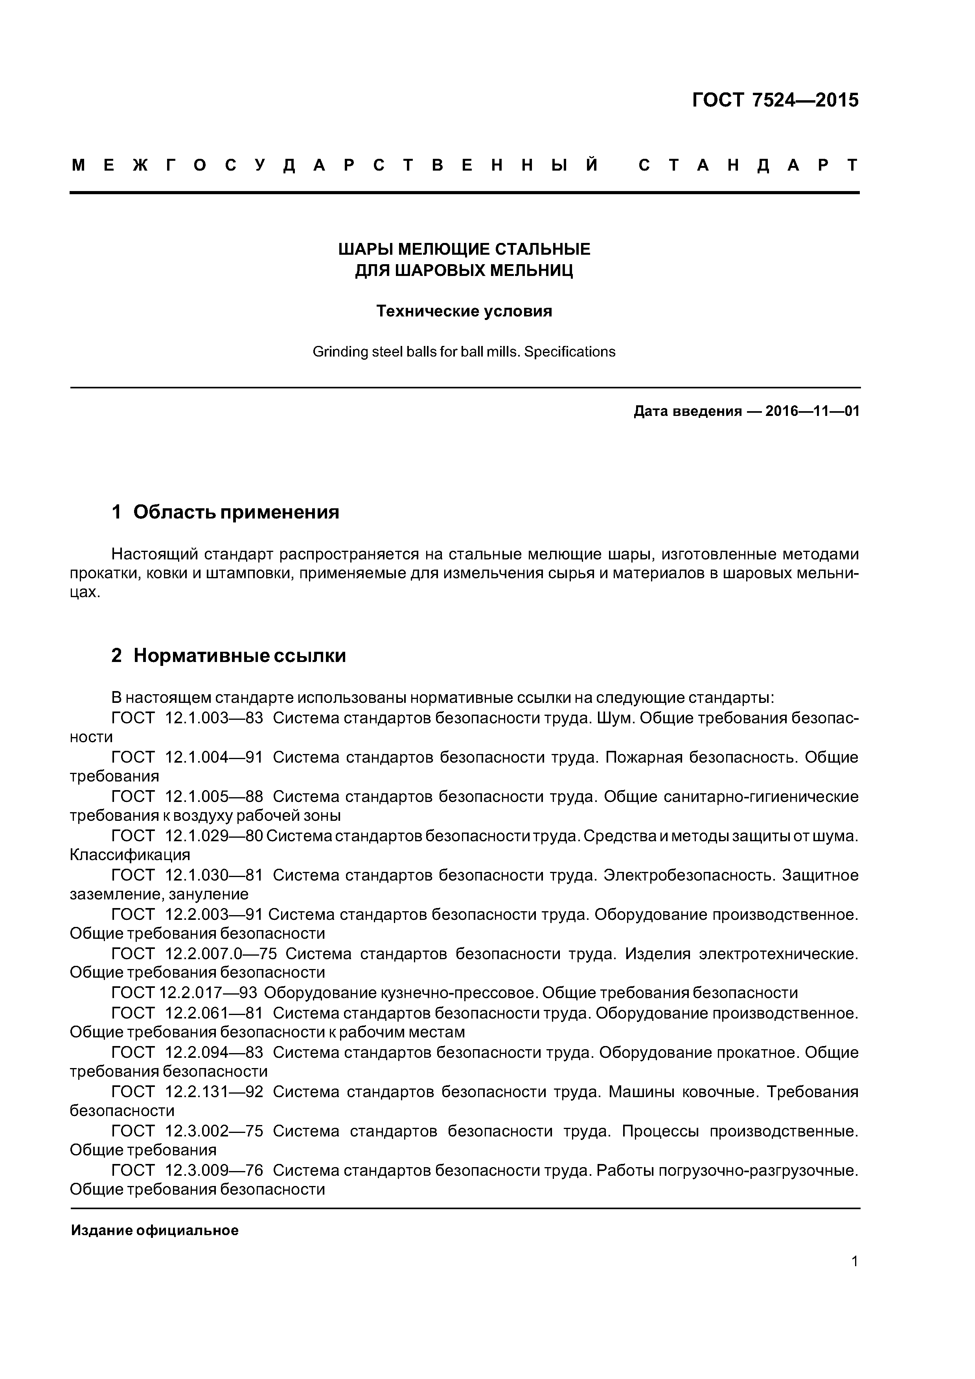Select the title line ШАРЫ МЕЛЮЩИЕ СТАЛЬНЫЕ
464,249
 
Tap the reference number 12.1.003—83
214,718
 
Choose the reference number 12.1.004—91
214,758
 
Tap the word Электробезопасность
688,875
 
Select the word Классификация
130,855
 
